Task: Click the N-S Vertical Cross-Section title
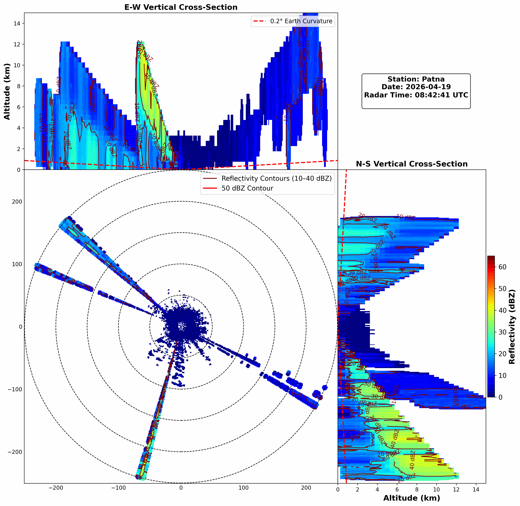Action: point(412,164)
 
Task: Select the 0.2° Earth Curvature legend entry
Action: point(301,21)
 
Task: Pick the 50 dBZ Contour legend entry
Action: point(247,188)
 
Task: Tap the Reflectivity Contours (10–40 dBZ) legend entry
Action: point(276,179)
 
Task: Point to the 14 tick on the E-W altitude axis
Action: point(17,23)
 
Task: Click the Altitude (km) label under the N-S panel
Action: point(412,498)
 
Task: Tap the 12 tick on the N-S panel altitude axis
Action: point(456,489)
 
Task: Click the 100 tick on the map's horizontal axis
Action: point(244,488)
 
